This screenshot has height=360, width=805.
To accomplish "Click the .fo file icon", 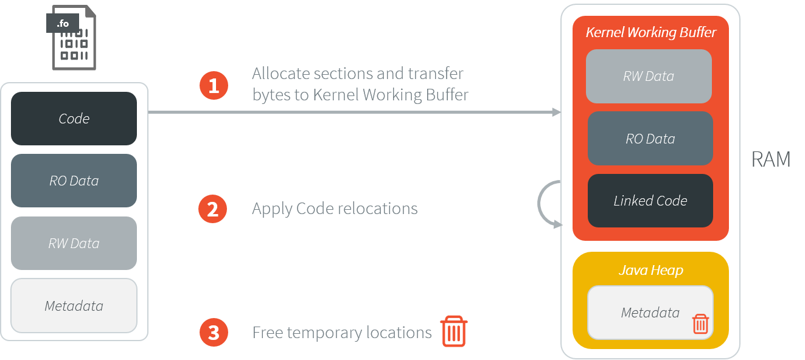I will (72, 37).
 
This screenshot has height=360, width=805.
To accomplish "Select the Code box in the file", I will (74, 119).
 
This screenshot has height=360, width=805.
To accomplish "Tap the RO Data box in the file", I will (74, 181).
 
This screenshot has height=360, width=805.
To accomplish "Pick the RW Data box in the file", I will (74, 243).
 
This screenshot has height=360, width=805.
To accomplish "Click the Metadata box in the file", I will (74, 306).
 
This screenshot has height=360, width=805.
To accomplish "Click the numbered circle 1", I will (214, 86).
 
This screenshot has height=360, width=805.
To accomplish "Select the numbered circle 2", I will (213, 209).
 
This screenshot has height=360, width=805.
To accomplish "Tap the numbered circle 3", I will (214, 333).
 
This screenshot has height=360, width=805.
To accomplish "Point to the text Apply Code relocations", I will (335, 209).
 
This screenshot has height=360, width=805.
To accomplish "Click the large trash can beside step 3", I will (453, 331).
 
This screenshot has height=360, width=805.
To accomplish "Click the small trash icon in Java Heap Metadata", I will (700, 324).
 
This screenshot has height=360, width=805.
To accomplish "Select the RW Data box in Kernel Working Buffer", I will (649, 77).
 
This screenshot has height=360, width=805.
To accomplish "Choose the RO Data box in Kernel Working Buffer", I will (650, 139).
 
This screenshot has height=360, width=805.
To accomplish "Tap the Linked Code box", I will (650, 201).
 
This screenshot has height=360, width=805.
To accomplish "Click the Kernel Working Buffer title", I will (650, 33).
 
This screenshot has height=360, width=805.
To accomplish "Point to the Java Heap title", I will (650, 270).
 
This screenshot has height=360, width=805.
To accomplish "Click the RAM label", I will (771, 159).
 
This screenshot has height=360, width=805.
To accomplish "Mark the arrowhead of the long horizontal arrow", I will (556, 112).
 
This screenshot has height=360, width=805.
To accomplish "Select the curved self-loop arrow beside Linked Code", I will (543, 204).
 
